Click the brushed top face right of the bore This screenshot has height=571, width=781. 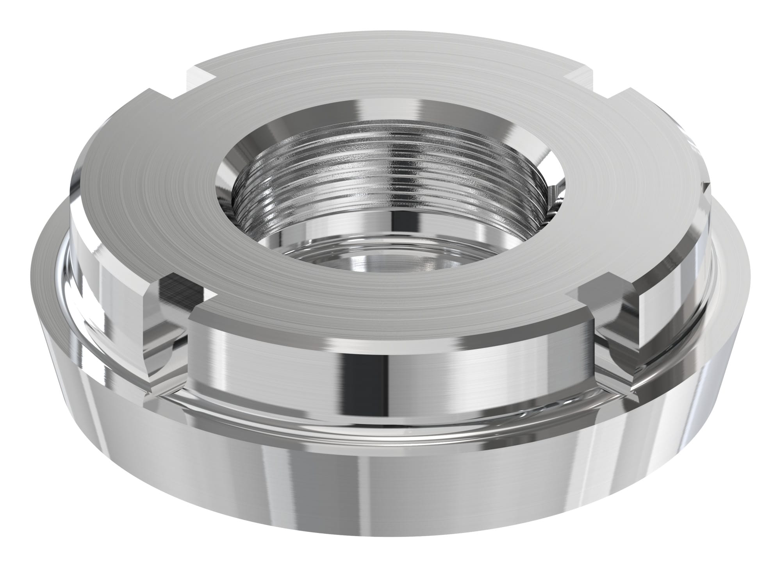point(625,176)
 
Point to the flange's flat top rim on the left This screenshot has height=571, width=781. point(47,269)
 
